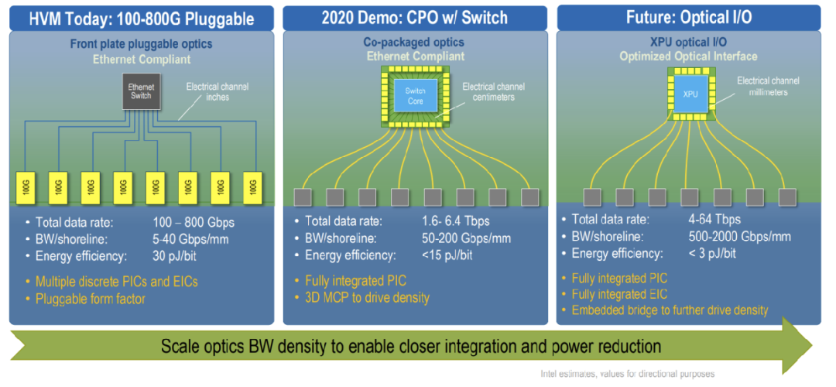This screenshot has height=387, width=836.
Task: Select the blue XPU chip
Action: [x=690, y=93]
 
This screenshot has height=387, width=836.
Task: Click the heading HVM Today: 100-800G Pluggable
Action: [x=142, y=18]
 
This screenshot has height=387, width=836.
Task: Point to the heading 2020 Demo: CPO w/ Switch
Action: [x=415, y=18]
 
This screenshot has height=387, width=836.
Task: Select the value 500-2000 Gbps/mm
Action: [x=739, y=236]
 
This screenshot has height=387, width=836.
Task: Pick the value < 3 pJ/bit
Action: [x=712, y=253]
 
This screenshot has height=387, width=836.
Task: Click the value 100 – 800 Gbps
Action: [x=194, y=222]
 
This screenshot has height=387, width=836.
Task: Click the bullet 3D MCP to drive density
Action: [x=364, y=297]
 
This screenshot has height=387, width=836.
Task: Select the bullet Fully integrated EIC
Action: [x=618, y=294]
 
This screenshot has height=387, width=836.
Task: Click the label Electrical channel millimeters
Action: [x=768, y=86]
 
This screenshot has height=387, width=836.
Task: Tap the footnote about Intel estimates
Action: [x=627, y=374]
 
